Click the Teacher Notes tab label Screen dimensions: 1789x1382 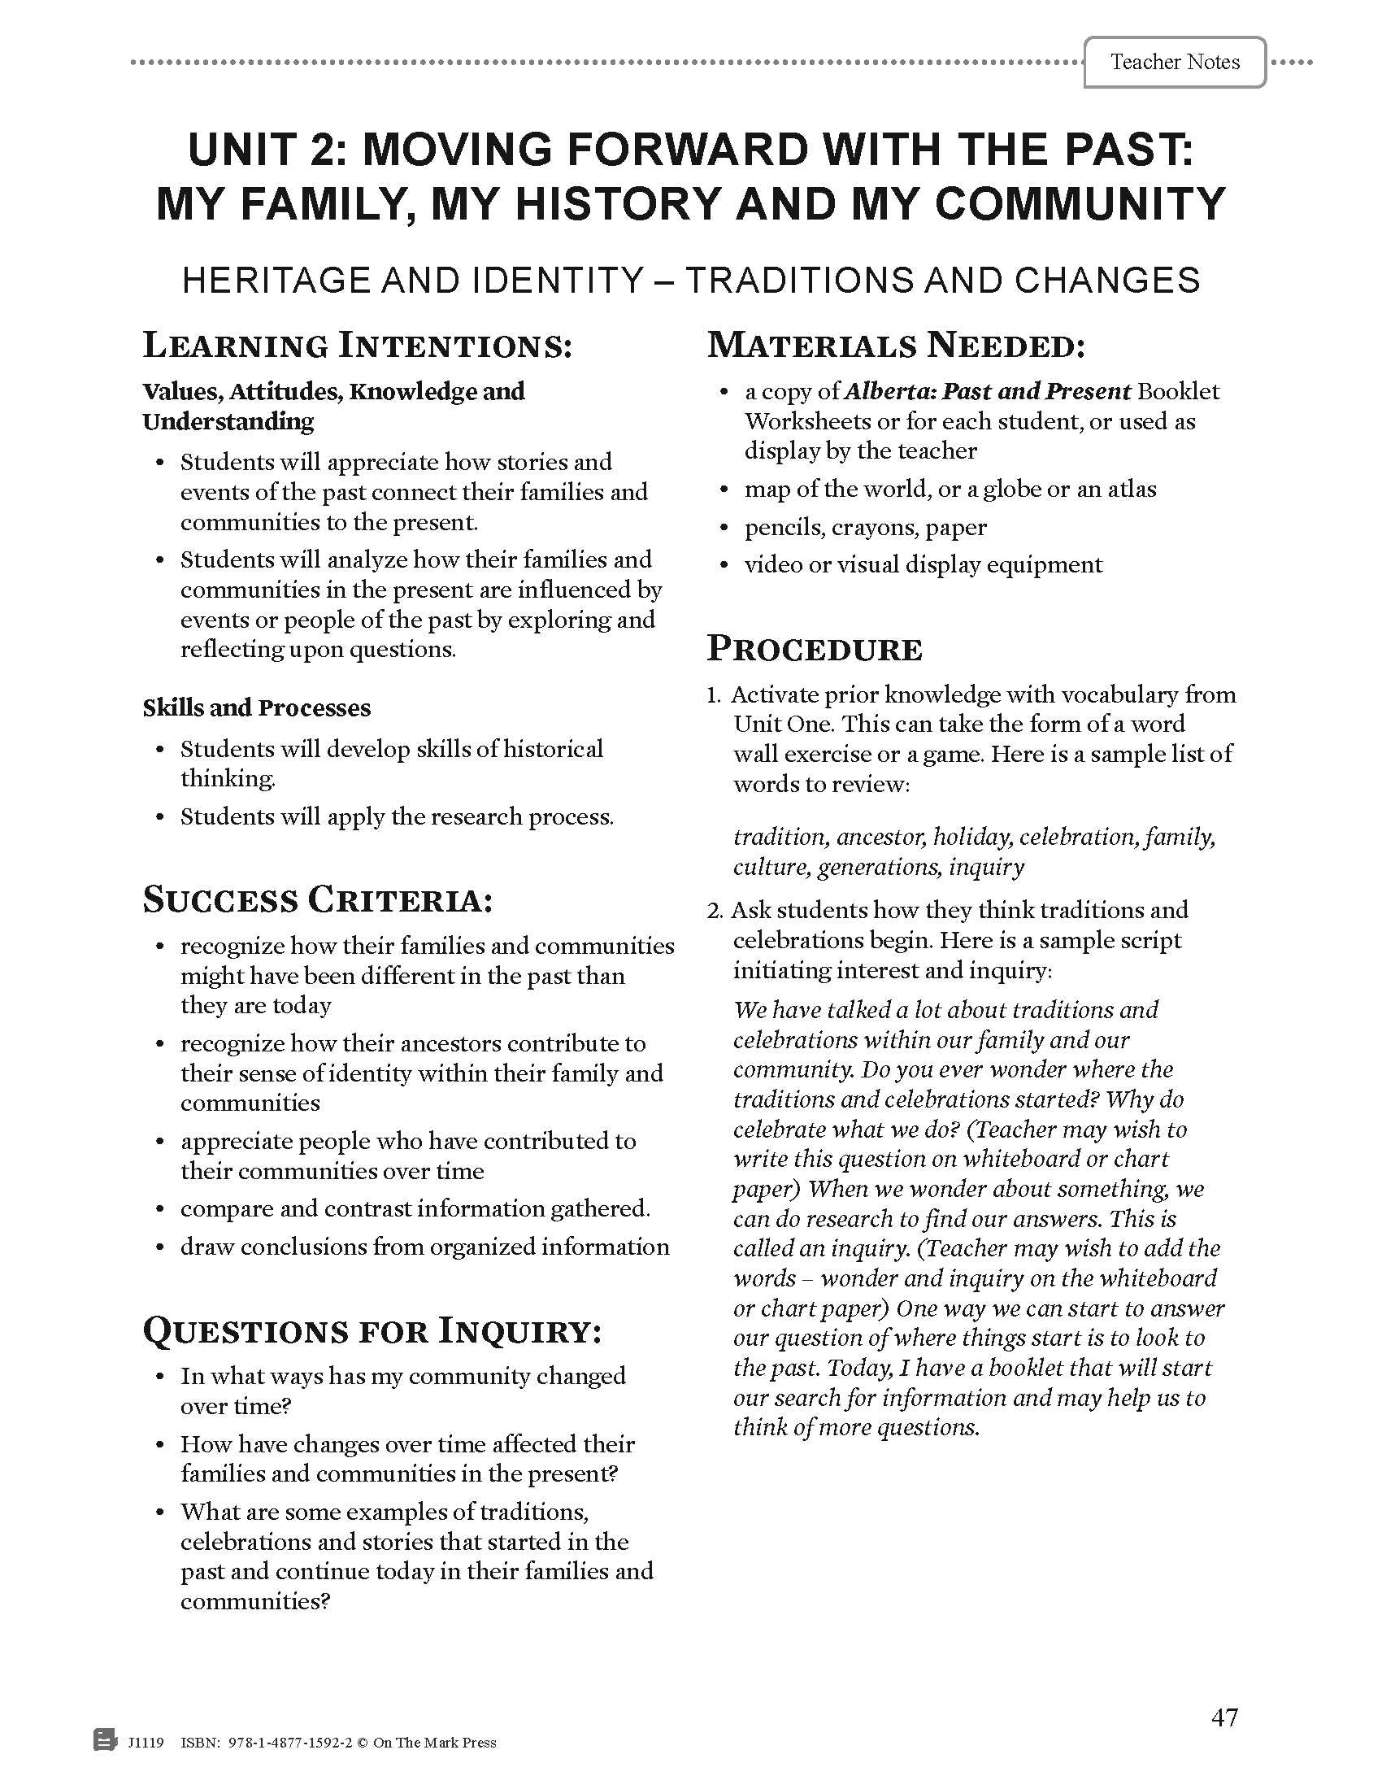[x=1174, y=63]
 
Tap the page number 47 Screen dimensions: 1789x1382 [x=1224, y=1717]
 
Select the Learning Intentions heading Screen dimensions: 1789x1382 [x=357, y=346]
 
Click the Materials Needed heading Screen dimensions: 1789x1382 [x=896, y=346]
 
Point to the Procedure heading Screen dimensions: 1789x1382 [x=815, y=649]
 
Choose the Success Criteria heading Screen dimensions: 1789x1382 [x=318, y=900]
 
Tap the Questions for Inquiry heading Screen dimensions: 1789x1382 [x=372, y=1331]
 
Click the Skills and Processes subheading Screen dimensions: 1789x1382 [x=256, y=707]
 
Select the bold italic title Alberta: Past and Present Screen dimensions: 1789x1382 [x=988, y=392]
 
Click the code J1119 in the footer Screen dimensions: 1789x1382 [x=146, y=1743]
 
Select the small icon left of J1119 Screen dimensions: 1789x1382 [x=105, y=1740]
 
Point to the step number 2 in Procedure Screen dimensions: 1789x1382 [x=714, y=911]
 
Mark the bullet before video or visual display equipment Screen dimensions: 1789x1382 [x=723, y=565]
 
